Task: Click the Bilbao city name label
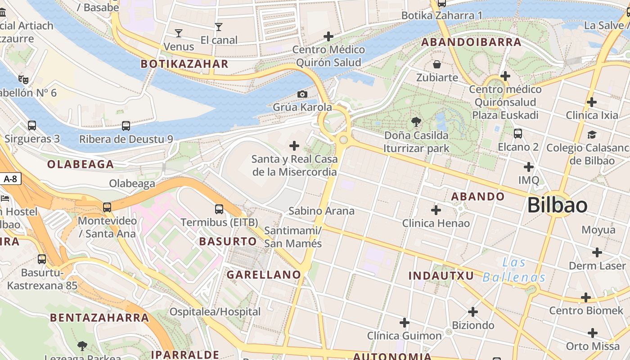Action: point(557,205)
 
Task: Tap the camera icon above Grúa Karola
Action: point(302,94)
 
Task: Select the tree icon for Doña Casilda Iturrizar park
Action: point(416,121)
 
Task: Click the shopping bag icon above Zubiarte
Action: point(436,64)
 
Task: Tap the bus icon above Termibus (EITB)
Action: point(219,209)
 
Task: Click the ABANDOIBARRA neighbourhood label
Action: point(471,43)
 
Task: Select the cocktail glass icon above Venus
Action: point(179,33)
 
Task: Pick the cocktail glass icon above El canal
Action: point(219,27)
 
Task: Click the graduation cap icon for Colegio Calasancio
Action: point(592,135)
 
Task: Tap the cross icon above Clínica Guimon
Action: point(405,322)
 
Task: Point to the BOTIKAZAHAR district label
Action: point(184,64)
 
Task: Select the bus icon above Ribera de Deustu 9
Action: point(126,126)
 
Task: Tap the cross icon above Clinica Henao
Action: point(436,210)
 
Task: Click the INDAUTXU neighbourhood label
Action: point(441,275)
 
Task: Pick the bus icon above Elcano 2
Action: point(518,134)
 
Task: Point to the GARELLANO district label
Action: point(264,274)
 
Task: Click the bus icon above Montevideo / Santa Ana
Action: point(107,207)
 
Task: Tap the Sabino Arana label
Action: point(321,211)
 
